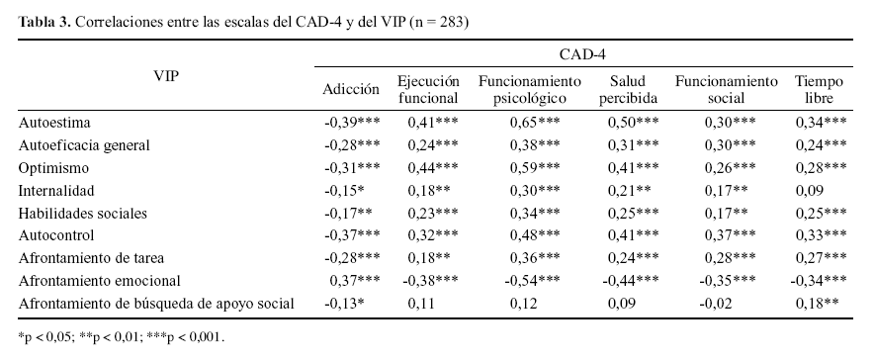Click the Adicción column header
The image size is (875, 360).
[351, 89]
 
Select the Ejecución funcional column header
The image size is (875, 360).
[427, 89]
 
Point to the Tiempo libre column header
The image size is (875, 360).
[819, 89]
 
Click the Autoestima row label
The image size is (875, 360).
[55, 123]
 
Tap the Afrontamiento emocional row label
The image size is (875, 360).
[99, 280]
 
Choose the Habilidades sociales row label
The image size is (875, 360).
[83, 213]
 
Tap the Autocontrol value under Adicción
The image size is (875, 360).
[352, 235]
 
